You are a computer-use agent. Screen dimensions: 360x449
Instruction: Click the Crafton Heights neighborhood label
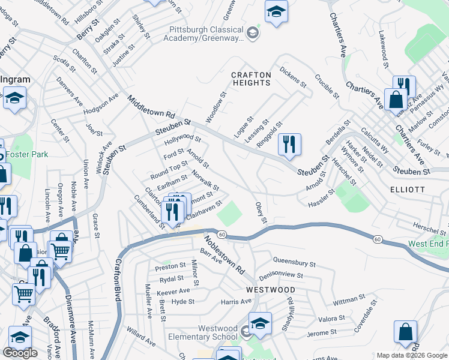[x=252, y=75]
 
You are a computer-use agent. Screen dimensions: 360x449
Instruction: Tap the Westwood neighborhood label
[x=265, y=289]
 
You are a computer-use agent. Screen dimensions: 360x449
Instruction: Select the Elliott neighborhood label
[x=424, y=190]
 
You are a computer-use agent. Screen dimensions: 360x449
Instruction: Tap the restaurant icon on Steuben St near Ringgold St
[x=289, y=144]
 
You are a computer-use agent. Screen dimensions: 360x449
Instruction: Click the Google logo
[x=20, y=353]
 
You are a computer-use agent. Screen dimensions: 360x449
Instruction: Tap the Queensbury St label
[x=294, y=262]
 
